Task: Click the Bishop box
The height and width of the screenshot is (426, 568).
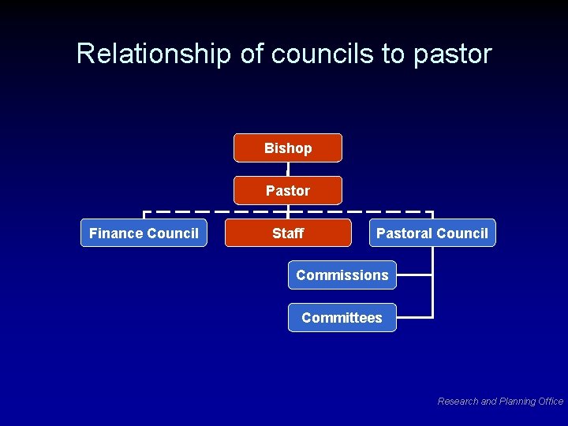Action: pyautogui.click(x=288, y=148)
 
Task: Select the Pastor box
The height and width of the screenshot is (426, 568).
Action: pyautogui.click(x=288, y=190)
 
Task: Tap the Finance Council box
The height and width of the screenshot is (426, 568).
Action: pyautogui.click(x=144, y=233)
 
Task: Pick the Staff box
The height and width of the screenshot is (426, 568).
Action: pyautogui.click(x=288, y=233)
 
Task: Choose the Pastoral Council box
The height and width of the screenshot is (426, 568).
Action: pyautogui.click(x=432, y=233)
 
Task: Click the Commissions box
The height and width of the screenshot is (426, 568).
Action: pyautogui.click(x=342, y=275)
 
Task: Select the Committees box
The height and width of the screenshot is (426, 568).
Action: pyautogui.click(x=342, y=317)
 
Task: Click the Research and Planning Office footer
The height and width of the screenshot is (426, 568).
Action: pyautogui.click(x=500, y=402)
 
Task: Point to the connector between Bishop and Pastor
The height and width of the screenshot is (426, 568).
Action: pyautogui.click(x=288, y=169)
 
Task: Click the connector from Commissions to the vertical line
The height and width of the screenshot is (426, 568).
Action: pyautogui.click(x=414, y=275)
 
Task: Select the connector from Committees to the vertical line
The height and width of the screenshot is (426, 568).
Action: pyautogui.click(x=414, y=317)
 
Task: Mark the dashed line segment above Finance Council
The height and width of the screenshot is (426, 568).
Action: pyautogui.click(x=189, y=211)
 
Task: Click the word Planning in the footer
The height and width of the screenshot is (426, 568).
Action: pyautogui.click(x=516, y=402)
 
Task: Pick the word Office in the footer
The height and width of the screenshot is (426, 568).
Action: pyautogui.click(x=550, y=402)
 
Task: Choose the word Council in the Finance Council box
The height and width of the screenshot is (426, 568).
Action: pyautogui.click(x=175, y=233)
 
